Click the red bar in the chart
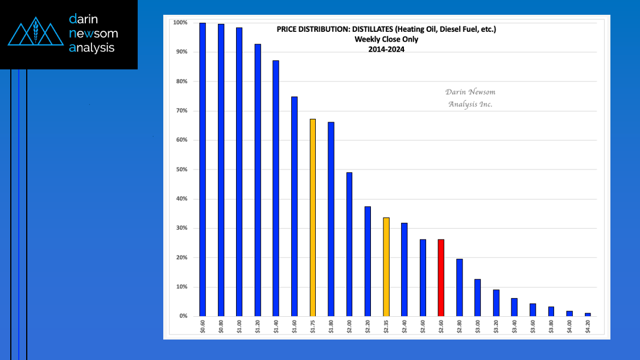point(441,278)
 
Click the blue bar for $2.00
point(349,244)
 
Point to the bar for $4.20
point(588,315)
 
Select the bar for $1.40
point(276,188)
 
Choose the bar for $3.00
point(477,297)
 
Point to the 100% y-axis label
point(180,23)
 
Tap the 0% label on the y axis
point(183,316)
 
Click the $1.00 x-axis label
point(239,328)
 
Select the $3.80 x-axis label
point(551,328)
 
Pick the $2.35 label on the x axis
point(386,328)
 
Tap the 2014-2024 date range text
point(386,49)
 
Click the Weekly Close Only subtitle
point(386,39)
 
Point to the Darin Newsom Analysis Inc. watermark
point(470,98)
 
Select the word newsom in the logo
point(93,34)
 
